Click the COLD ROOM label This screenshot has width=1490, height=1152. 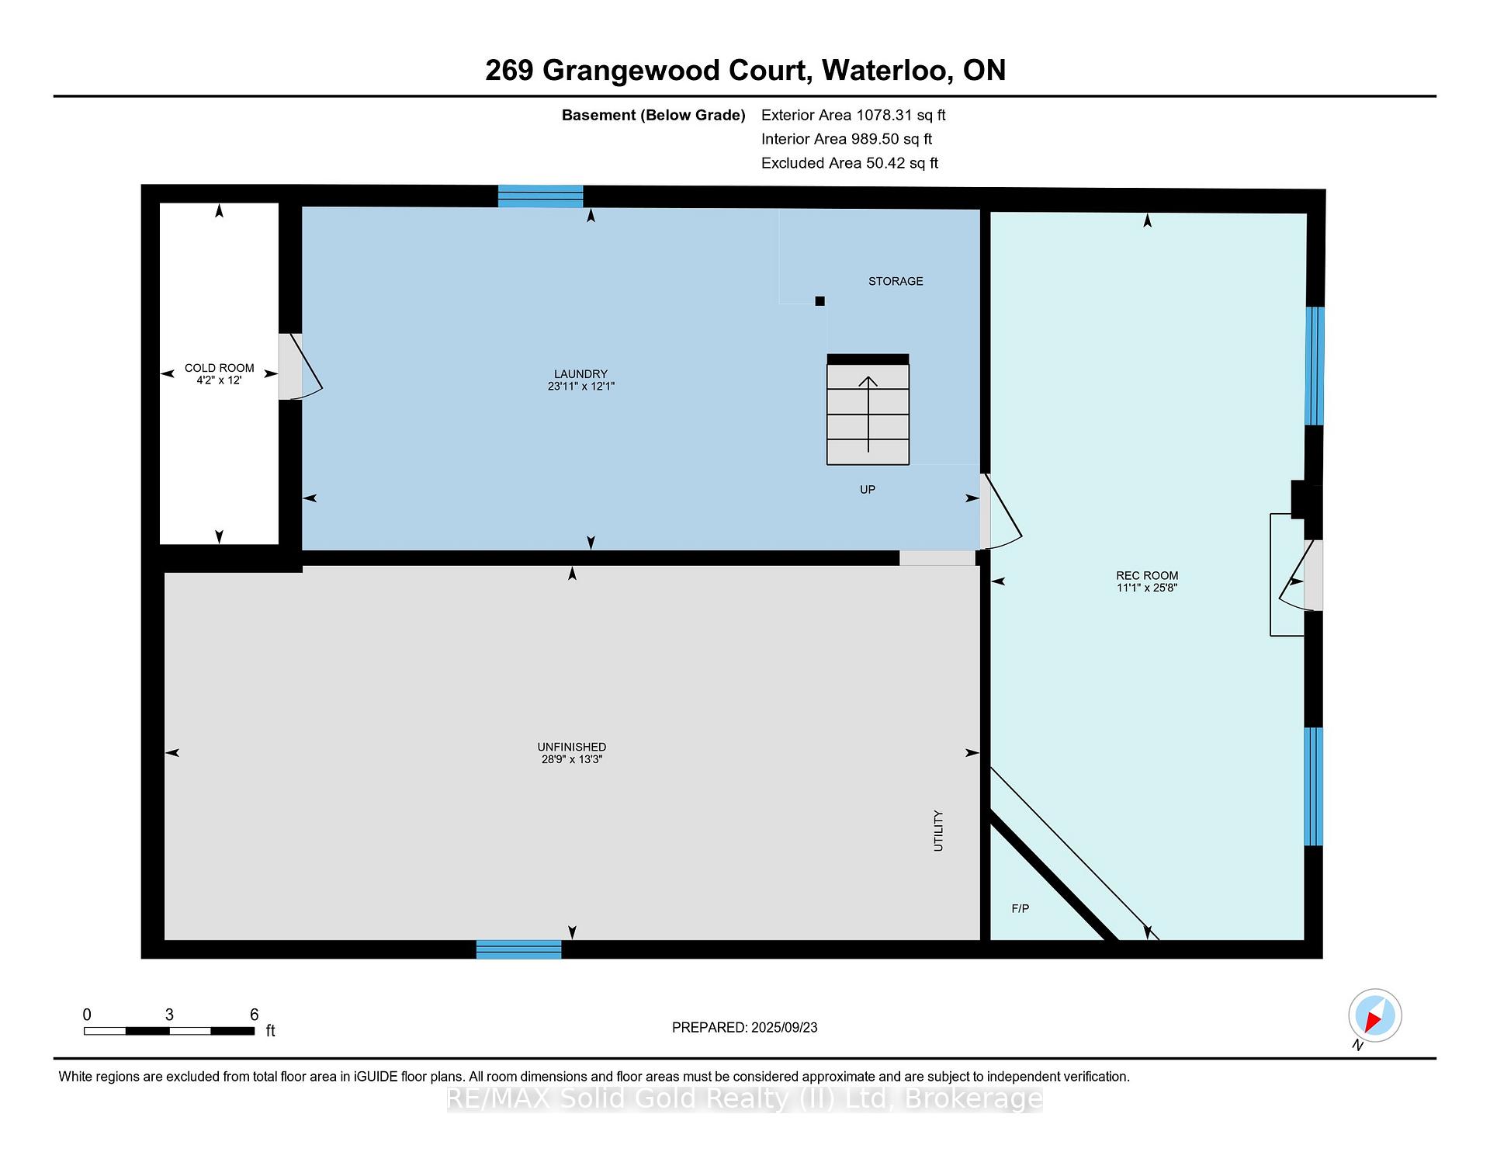[219, 368]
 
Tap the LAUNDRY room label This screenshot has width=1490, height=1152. [580, 373]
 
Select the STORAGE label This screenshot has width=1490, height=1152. [896, 281]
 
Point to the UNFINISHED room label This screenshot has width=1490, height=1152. [572, 747]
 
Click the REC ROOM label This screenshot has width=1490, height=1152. [1147, 575]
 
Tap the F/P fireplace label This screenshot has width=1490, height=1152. [1020, 908]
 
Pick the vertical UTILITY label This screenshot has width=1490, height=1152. [938, 831]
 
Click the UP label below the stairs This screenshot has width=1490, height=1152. [868, 489]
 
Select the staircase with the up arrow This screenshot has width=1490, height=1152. [868, 410]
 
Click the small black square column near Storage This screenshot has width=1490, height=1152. [819, 301]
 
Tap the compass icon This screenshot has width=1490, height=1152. [1375, 1015]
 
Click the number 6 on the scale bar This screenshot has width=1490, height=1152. [254, 1015]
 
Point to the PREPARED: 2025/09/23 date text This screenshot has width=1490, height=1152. [745, 1027]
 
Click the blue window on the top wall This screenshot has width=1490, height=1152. [540, 196]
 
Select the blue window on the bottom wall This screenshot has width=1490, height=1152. [518, 949]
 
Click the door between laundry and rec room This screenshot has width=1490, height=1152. [1000, 512]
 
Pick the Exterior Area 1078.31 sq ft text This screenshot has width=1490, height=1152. [854, 115]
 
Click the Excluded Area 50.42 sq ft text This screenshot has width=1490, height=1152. [850, 163]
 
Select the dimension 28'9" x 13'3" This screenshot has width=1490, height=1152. [572, 759]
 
